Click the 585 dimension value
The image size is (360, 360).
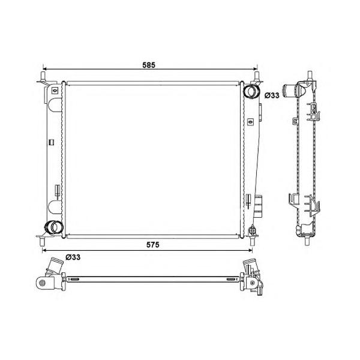tap(149, 65)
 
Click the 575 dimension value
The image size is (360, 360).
tap(152, 245)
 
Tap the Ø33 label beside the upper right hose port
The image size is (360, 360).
tap(272, 95)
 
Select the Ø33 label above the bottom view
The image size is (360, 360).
tap(73, 257)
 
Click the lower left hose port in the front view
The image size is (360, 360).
tap(53, 227)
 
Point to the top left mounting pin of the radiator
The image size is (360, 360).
tap(43, 76)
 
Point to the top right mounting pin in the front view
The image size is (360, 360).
tap(257, 76)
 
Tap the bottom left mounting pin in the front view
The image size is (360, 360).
tap(42, 242)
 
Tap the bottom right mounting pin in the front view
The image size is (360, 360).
tap(253, 242)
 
